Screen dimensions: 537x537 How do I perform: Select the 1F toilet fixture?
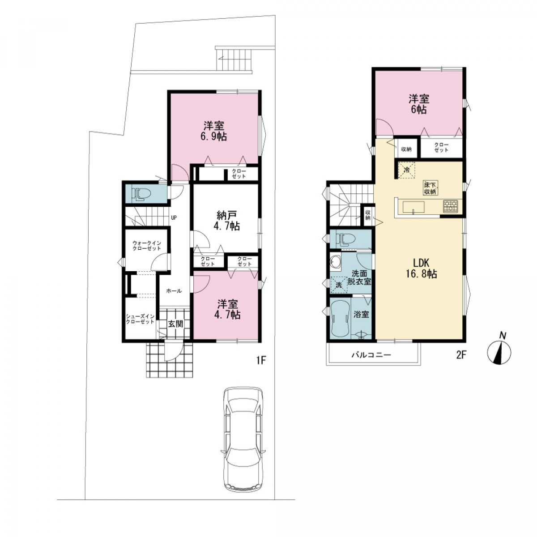(x=141, y=193)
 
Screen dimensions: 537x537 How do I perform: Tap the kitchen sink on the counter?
(x=413, y=207)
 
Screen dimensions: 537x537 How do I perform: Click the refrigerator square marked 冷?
(x=407, y=170)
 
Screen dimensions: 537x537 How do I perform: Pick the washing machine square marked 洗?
(x=339, y=285)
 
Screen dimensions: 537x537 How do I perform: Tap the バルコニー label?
(x=371, y=355)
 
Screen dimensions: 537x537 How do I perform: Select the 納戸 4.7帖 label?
(x=226, y=220)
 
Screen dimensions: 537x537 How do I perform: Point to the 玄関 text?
(x=175, y=324)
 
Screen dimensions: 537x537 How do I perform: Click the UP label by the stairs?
(x=174, y=217)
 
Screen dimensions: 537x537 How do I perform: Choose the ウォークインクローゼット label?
(x=147, y=246)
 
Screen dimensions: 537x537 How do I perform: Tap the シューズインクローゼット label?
(x=140, y=319)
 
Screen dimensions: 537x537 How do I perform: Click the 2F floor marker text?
(x=461, y=355)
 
